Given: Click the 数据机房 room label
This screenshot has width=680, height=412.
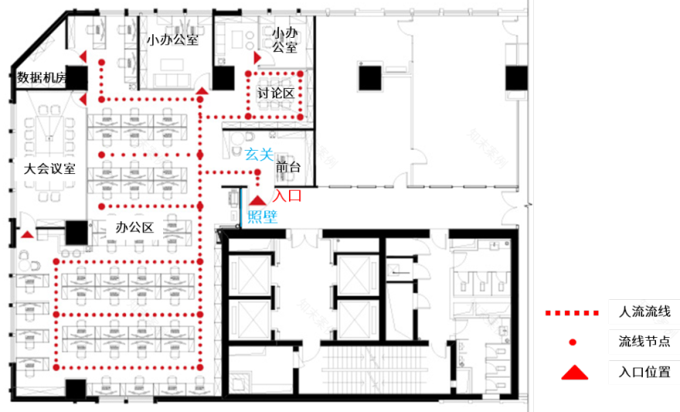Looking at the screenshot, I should click(43, 77).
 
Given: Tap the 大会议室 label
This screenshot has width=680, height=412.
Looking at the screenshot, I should click(49, 169).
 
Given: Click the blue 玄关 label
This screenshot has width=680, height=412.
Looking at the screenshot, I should click(258, 155).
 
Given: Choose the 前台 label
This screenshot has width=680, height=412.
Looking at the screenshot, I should click(288, 167).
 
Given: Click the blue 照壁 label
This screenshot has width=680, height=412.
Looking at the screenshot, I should click(262, 217).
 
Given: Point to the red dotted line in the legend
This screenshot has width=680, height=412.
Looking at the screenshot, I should click(572, 313).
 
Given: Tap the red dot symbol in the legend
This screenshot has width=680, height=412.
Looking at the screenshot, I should click(573, 342).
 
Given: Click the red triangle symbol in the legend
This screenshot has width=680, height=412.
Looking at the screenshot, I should click(573, 373).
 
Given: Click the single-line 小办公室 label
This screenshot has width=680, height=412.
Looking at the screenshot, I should click(173, 39).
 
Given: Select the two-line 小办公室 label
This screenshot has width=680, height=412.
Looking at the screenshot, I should click(285, 39).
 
